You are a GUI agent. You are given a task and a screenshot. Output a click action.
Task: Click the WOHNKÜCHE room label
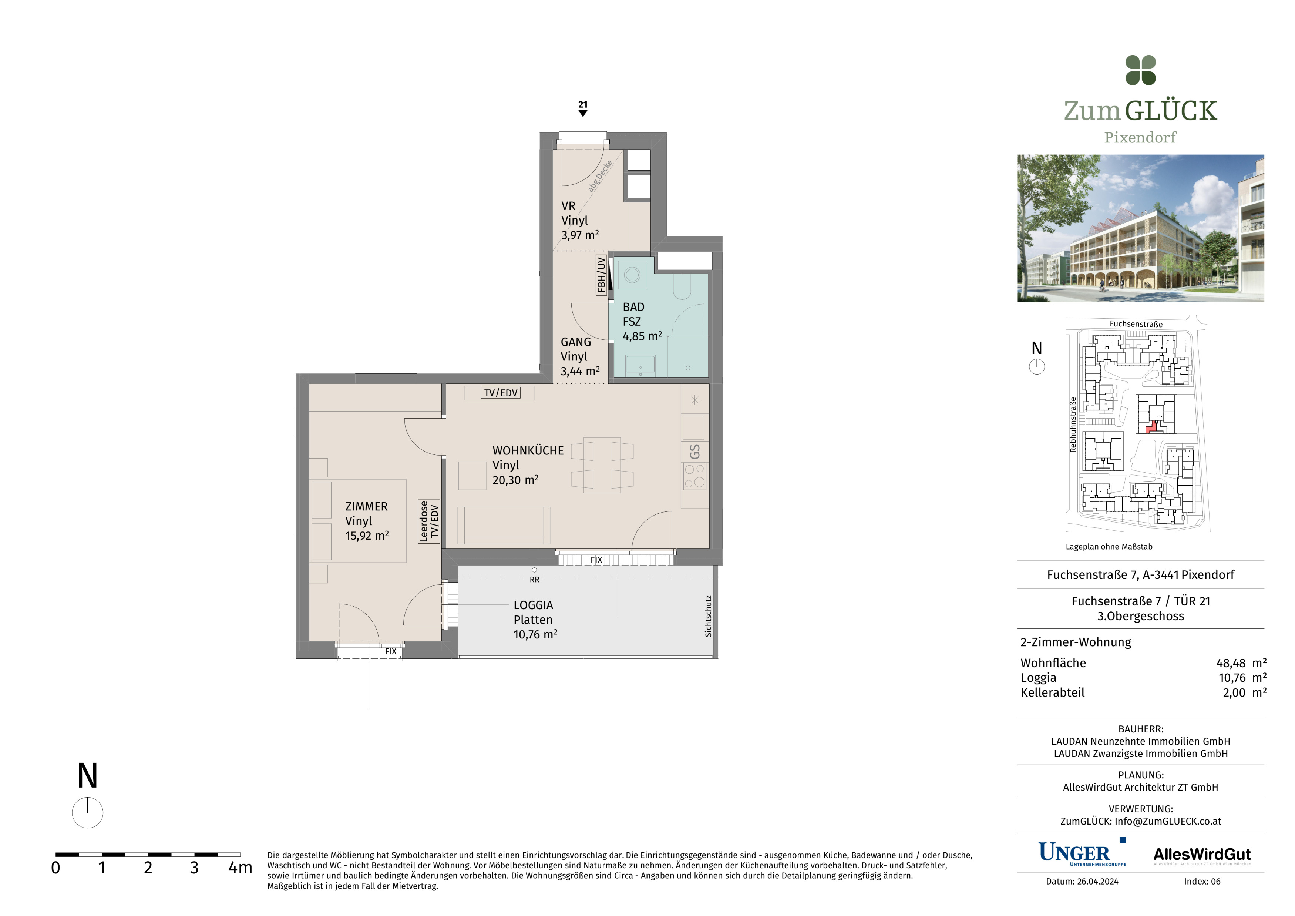[x=528, y=451]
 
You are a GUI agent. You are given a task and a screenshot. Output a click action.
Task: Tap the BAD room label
[x=633, y=308]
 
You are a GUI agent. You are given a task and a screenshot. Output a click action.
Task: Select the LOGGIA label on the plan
[x=533, y=605]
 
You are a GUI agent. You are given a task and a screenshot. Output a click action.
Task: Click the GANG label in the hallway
[x=575, y=342]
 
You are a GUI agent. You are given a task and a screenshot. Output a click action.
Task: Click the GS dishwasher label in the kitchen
[x=695, y=452]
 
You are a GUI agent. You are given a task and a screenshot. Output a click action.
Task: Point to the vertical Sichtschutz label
[x=709, y=617]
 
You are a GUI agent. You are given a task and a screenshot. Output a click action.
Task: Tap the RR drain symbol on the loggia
[x=534, y=570]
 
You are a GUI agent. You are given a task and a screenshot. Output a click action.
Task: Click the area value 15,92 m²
[x=367, y=536]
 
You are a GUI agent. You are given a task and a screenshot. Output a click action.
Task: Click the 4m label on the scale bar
[x=240, y=868]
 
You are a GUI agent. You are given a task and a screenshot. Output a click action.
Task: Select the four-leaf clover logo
[x=1140, y=71]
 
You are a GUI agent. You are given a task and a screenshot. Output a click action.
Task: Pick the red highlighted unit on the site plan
[x=1152, y=427]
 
